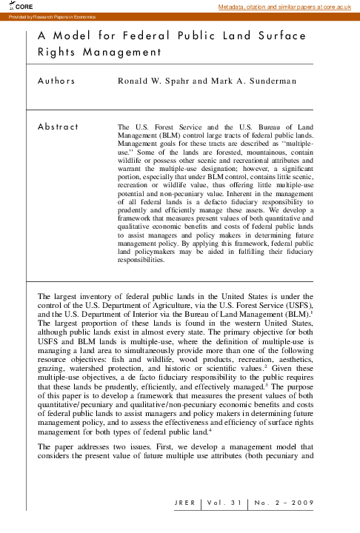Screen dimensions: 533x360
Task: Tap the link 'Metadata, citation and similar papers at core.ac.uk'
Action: tap(289, 7)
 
